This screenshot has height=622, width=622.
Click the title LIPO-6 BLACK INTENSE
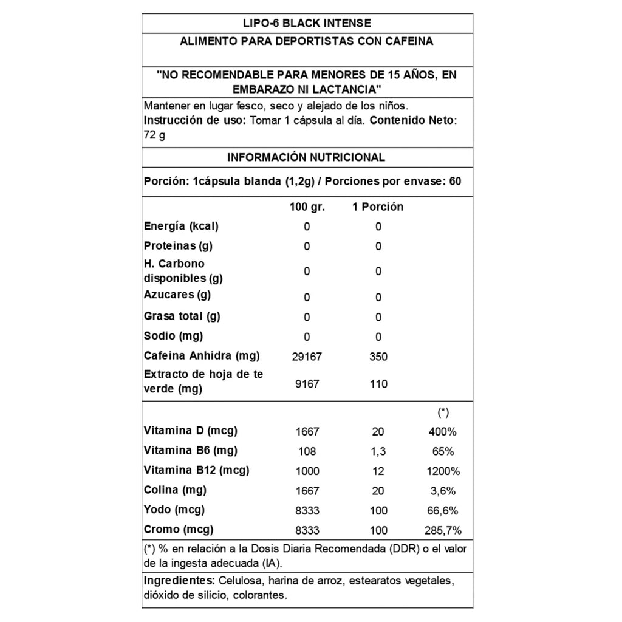point(306,23)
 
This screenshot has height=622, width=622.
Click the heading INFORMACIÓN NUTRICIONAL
point(306,157)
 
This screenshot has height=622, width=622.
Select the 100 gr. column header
point(307,207)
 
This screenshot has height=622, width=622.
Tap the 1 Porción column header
point(378,207)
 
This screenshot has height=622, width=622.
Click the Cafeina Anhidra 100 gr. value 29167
point(307,357)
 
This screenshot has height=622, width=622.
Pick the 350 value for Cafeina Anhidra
point(378,357)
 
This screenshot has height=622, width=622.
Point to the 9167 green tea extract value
point(307,384)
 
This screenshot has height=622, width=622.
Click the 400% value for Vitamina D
point(443,432)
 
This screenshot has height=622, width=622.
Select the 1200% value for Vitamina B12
point(443,471)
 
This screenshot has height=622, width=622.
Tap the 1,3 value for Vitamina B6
point(378,452)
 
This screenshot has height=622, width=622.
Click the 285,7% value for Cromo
point(443,530)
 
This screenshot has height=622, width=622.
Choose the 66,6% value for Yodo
point(443,511)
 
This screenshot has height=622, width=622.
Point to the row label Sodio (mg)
point(173,336)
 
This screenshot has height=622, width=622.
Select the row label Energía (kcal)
point(181,226)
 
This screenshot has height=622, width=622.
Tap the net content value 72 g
point(154,135)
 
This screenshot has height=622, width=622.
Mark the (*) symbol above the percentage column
point(443,412)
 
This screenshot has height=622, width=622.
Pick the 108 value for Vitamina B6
point(307,452)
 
